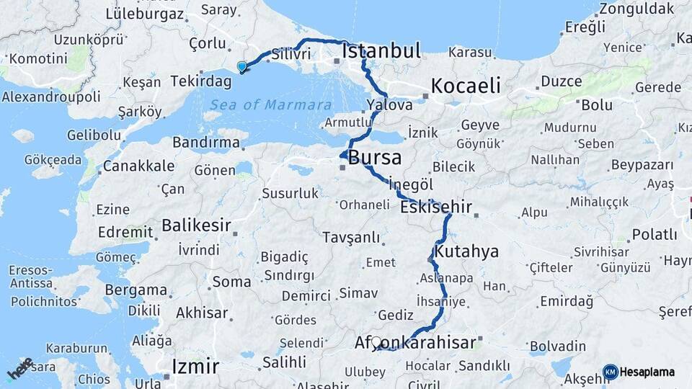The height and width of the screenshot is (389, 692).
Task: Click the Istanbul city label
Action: pyautogui.click(x=381, y=51)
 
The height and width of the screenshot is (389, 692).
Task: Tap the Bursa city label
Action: pyautogui.click(x=375, y=158)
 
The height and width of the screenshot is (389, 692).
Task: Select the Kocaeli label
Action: pyautogui.click(x=465, y=86)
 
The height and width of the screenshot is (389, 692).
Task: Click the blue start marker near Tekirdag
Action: pyautogui.click(x=242, y=67)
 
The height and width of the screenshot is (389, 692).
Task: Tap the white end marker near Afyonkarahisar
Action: pyautogui.click(x=376, y=341)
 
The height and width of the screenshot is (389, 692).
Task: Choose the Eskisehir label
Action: pyautogui.click(x=437, y=207)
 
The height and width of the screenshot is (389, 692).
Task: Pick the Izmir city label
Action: pyautogui.click(x=195, y=366)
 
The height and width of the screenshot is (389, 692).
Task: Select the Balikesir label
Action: pyautogui.click(x=196, y=225)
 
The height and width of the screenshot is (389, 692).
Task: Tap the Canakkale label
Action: pyautogui.click(x=138, y=166)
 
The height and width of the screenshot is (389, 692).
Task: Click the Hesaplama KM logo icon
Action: pyautogui.click(x=611, y=372)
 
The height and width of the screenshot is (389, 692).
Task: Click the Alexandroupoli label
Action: pyautogui.click(x=50, y=97)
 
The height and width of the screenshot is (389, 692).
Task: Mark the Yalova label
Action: pyautogui.click(x=389, y=104)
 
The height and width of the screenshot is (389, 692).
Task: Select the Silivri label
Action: pyautogui.click(x=291, y=54)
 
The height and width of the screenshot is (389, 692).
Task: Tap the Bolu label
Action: pyautogui.click(x=597, y=105)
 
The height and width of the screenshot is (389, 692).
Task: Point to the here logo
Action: pyautogui.click(x=20, y=368)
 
